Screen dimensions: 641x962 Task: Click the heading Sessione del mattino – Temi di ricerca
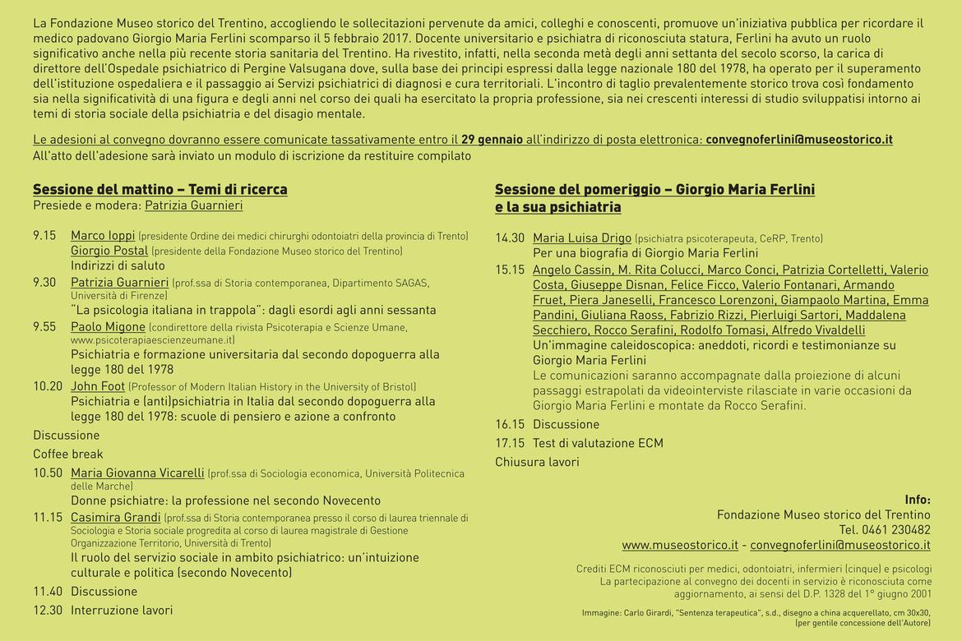pyautogui.click(x=160, y=190)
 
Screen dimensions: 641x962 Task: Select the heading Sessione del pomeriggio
pyautogui.click(x=654, y=190)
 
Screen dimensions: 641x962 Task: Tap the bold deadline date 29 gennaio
pyautogui.click(x=492, y=139)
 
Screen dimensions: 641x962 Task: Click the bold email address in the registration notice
pyautogui.click(x=799, y=139)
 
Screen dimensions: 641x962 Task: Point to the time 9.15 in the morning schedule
pyautogui.click(x=44, y=236)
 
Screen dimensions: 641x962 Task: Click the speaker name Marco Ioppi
pyautogui.click(x=103, y=236)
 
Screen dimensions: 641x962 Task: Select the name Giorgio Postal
pyautogui.click(x=109, y=251)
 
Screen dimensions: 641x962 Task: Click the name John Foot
pyautogui.click(x=98, y=386)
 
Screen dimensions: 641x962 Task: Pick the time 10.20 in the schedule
pyautogui.click(x=48, y=386)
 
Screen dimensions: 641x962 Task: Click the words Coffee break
pyautogui.click(x=68, y=454)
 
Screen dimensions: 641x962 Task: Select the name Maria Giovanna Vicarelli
pyautogui.click(x=137, y=473)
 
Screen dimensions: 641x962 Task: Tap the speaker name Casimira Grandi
pyautogui.click(x=115, y=518)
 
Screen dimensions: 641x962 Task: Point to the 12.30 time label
pyautogui.click(x=48, y=610)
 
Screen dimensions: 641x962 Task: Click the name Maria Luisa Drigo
pyautogui.click(x=582, y=238)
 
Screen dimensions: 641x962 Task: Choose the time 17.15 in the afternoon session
pyautogui.click(x=510, y=443)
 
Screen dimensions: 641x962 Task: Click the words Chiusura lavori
pyautogui.click(x=537, y=462)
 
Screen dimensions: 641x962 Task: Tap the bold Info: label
pyautogui.click(x=917, y=500)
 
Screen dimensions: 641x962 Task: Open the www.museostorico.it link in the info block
pyautogui.click(x=679, y=545)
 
